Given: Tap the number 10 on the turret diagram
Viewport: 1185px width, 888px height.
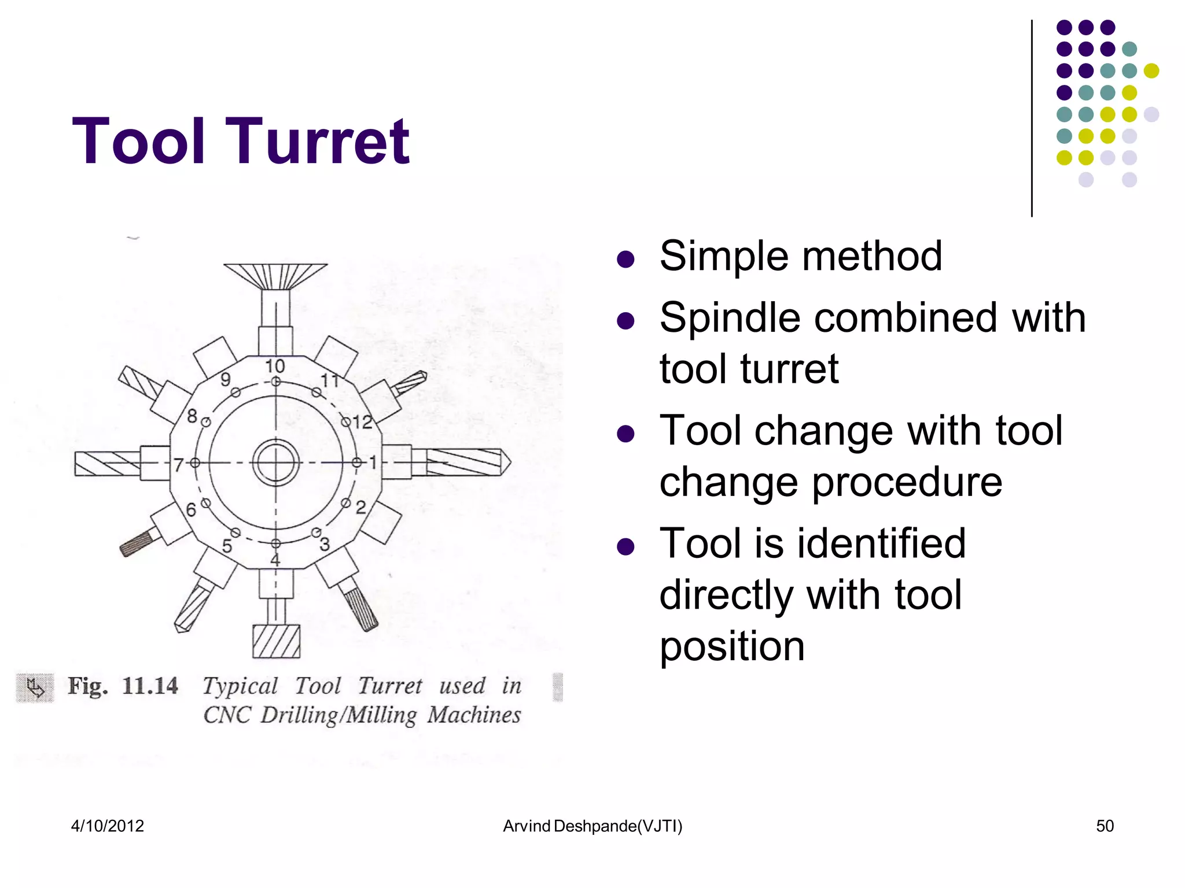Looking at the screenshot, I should [275, 366].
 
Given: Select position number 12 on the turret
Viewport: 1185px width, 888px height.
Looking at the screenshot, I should [362, 422].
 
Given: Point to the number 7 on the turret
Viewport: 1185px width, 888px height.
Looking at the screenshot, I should [179, 464].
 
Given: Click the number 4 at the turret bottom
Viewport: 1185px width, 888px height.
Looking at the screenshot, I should [275, 560].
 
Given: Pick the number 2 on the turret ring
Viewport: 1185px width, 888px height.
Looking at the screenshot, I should [360, 508].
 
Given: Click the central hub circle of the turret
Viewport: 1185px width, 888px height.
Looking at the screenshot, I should [276, 462].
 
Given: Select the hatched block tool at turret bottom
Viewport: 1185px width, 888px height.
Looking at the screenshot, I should [276, 641].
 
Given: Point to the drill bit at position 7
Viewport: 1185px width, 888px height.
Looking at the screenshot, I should [108, 464].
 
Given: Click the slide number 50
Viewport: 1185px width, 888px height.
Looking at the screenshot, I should [1105, 826].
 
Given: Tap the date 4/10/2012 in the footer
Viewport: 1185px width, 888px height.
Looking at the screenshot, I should [108, 826].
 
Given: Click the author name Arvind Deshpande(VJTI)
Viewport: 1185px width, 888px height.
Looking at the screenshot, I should [592, 826].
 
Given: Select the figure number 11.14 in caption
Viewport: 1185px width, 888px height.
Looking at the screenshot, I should [150, 686].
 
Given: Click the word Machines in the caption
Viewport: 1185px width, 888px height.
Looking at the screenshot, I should [474, 715].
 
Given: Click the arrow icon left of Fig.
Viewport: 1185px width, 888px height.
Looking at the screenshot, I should [35, 687].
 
